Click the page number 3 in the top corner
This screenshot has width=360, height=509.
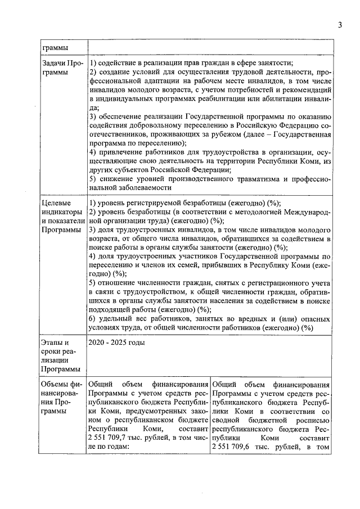pyautogui.click(x=340, y=24)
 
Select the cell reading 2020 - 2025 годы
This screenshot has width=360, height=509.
pyautogui.click(x=116, y=342)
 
